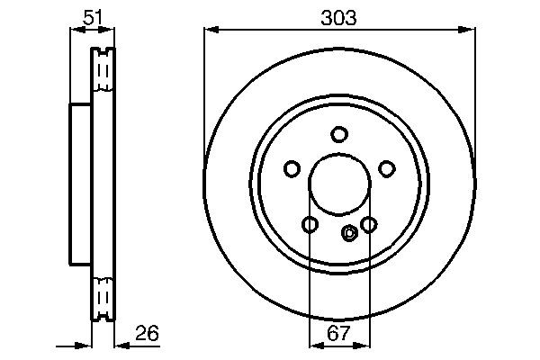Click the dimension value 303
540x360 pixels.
[x=338, y=17]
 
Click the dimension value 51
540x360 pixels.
[x=93, y=17]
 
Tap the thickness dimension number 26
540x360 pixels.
[x=147, y=333]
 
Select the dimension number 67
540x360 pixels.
[x=338, y=334]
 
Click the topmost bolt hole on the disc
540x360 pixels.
[x=338, y=135]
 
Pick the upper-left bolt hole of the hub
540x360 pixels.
[x=292, y=168]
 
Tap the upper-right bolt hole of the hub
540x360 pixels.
[x=386, y=168]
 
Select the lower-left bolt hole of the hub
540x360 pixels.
[x=310, y=224]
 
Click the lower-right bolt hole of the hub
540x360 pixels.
[x=368, y=224]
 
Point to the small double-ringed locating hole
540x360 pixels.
[x=350, y=233]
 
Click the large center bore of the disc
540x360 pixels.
[x=338, y=185]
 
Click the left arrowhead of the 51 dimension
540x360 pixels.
[x=76, y=31]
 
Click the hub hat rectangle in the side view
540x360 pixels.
[x=81, y=184]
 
